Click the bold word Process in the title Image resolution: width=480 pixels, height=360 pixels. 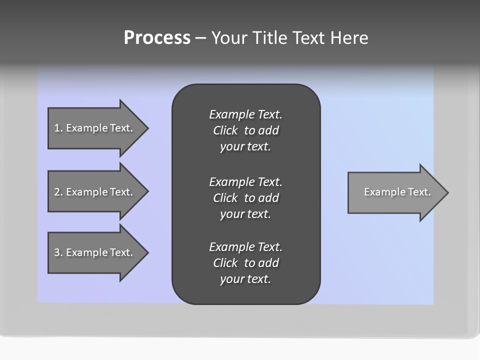(157, 38)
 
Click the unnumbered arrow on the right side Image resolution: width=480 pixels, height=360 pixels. (395, 192)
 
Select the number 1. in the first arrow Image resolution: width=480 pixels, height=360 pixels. (58, 128)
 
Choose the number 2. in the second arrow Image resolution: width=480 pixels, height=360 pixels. (58, 192)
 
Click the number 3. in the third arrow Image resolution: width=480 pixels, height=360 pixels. (58, 252)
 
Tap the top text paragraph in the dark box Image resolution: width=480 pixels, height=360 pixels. (245, 130)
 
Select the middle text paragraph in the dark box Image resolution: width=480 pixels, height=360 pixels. (245, 198)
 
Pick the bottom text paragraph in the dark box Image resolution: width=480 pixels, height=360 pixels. (245, 263)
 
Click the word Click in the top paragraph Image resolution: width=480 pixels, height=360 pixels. (225, 131)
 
